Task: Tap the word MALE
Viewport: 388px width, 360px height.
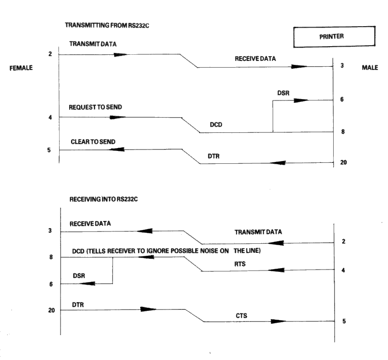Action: [x=370, y=67]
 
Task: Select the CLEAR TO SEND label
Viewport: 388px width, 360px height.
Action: [x=94, y=141]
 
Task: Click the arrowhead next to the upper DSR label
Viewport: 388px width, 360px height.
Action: [x=301, y=100]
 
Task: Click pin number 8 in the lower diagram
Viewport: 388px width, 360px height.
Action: [x=51, y=258]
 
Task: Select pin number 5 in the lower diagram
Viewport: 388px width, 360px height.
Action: [x=344, y=321]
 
